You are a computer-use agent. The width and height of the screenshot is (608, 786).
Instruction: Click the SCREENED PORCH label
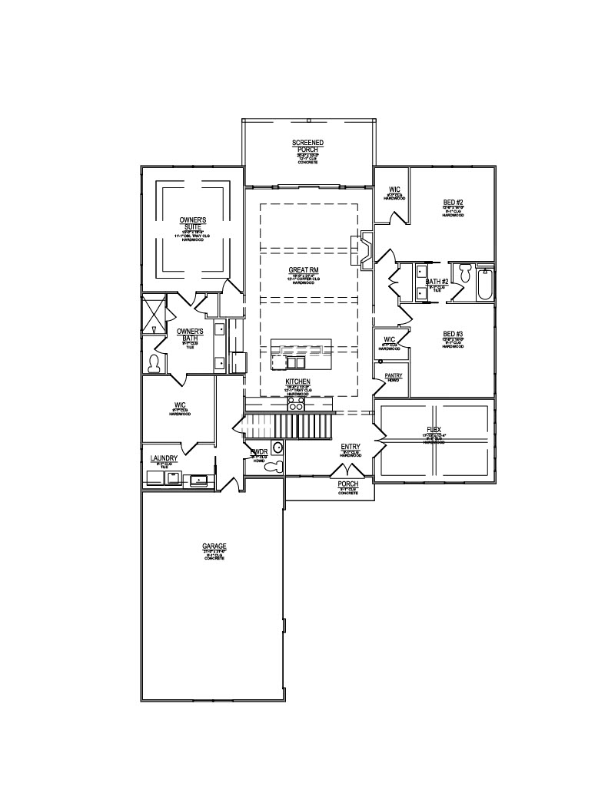[x=307, y=146]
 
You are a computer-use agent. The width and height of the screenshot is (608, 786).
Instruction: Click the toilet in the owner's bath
[x=153, y=362]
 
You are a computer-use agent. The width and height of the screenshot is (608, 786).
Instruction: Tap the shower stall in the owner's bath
[x=153, y=314]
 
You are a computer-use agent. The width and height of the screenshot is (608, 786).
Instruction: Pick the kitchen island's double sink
[x=294, y=361]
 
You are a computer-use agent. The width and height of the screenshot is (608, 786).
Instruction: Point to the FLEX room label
[x=434, y=431]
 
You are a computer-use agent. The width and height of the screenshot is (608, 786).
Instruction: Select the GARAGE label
[x=214, y=547]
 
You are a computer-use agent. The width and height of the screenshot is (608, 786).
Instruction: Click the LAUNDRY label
[x=164, y=458]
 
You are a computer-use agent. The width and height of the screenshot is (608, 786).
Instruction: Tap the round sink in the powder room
[x=278, y=448]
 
